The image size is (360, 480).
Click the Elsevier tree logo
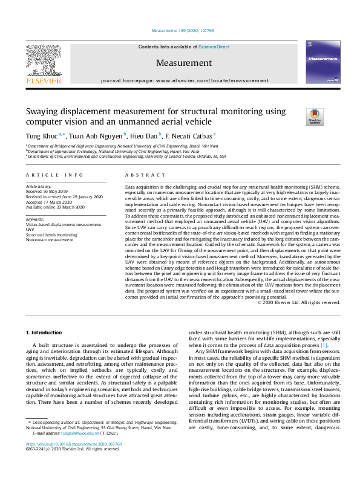point(43,62)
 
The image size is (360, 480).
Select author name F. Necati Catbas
point(188,137)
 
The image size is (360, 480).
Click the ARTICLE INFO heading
point(54,175)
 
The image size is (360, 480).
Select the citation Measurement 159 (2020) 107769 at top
point(180,30)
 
